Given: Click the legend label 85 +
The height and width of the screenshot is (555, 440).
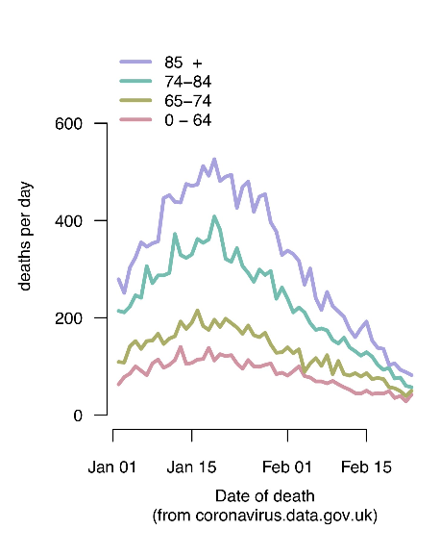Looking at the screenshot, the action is [x=183, y=63].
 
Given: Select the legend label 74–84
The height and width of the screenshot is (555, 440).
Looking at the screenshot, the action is [x=187, y=82].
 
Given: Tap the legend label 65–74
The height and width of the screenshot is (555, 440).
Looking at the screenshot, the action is [x=187, y=101].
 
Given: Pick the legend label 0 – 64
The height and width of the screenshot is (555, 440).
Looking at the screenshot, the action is [x=187, y=120].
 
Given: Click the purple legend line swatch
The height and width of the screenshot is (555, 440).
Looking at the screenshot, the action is [x=135, y=62].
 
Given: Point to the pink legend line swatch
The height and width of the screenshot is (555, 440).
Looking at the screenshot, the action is [x=135, y=119].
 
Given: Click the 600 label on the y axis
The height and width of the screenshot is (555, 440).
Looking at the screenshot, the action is [x=68, y=123].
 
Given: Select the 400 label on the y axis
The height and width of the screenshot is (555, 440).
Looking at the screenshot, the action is [x=68, y=221].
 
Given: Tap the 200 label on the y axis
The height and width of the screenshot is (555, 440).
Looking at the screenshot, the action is [x=68, y=318].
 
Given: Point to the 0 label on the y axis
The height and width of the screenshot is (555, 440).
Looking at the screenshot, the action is [x=78, y=416].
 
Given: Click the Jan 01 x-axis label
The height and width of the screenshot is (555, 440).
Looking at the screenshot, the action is [x=112, y=467].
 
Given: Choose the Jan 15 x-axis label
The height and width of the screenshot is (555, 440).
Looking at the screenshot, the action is [x=191, y=467].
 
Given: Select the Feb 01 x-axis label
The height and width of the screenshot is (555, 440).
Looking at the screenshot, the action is [x=287, y=467].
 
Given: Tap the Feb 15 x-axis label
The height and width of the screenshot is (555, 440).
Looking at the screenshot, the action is [x=366, y=467].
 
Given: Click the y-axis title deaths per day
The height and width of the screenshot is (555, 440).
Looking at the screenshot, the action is [x=25, y=236].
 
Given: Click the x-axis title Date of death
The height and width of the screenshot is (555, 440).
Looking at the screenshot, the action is [x=265, y=496].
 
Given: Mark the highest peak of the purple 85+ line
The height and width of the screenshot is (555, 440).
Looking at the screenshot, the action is [x=214, y=160].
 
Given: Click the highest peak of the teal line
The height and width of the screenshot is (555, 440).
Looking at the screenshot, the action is [x=214, y=216].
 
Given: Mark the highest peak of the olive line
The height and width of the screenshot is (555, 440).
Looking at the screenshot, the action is [x=198, y=311].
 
